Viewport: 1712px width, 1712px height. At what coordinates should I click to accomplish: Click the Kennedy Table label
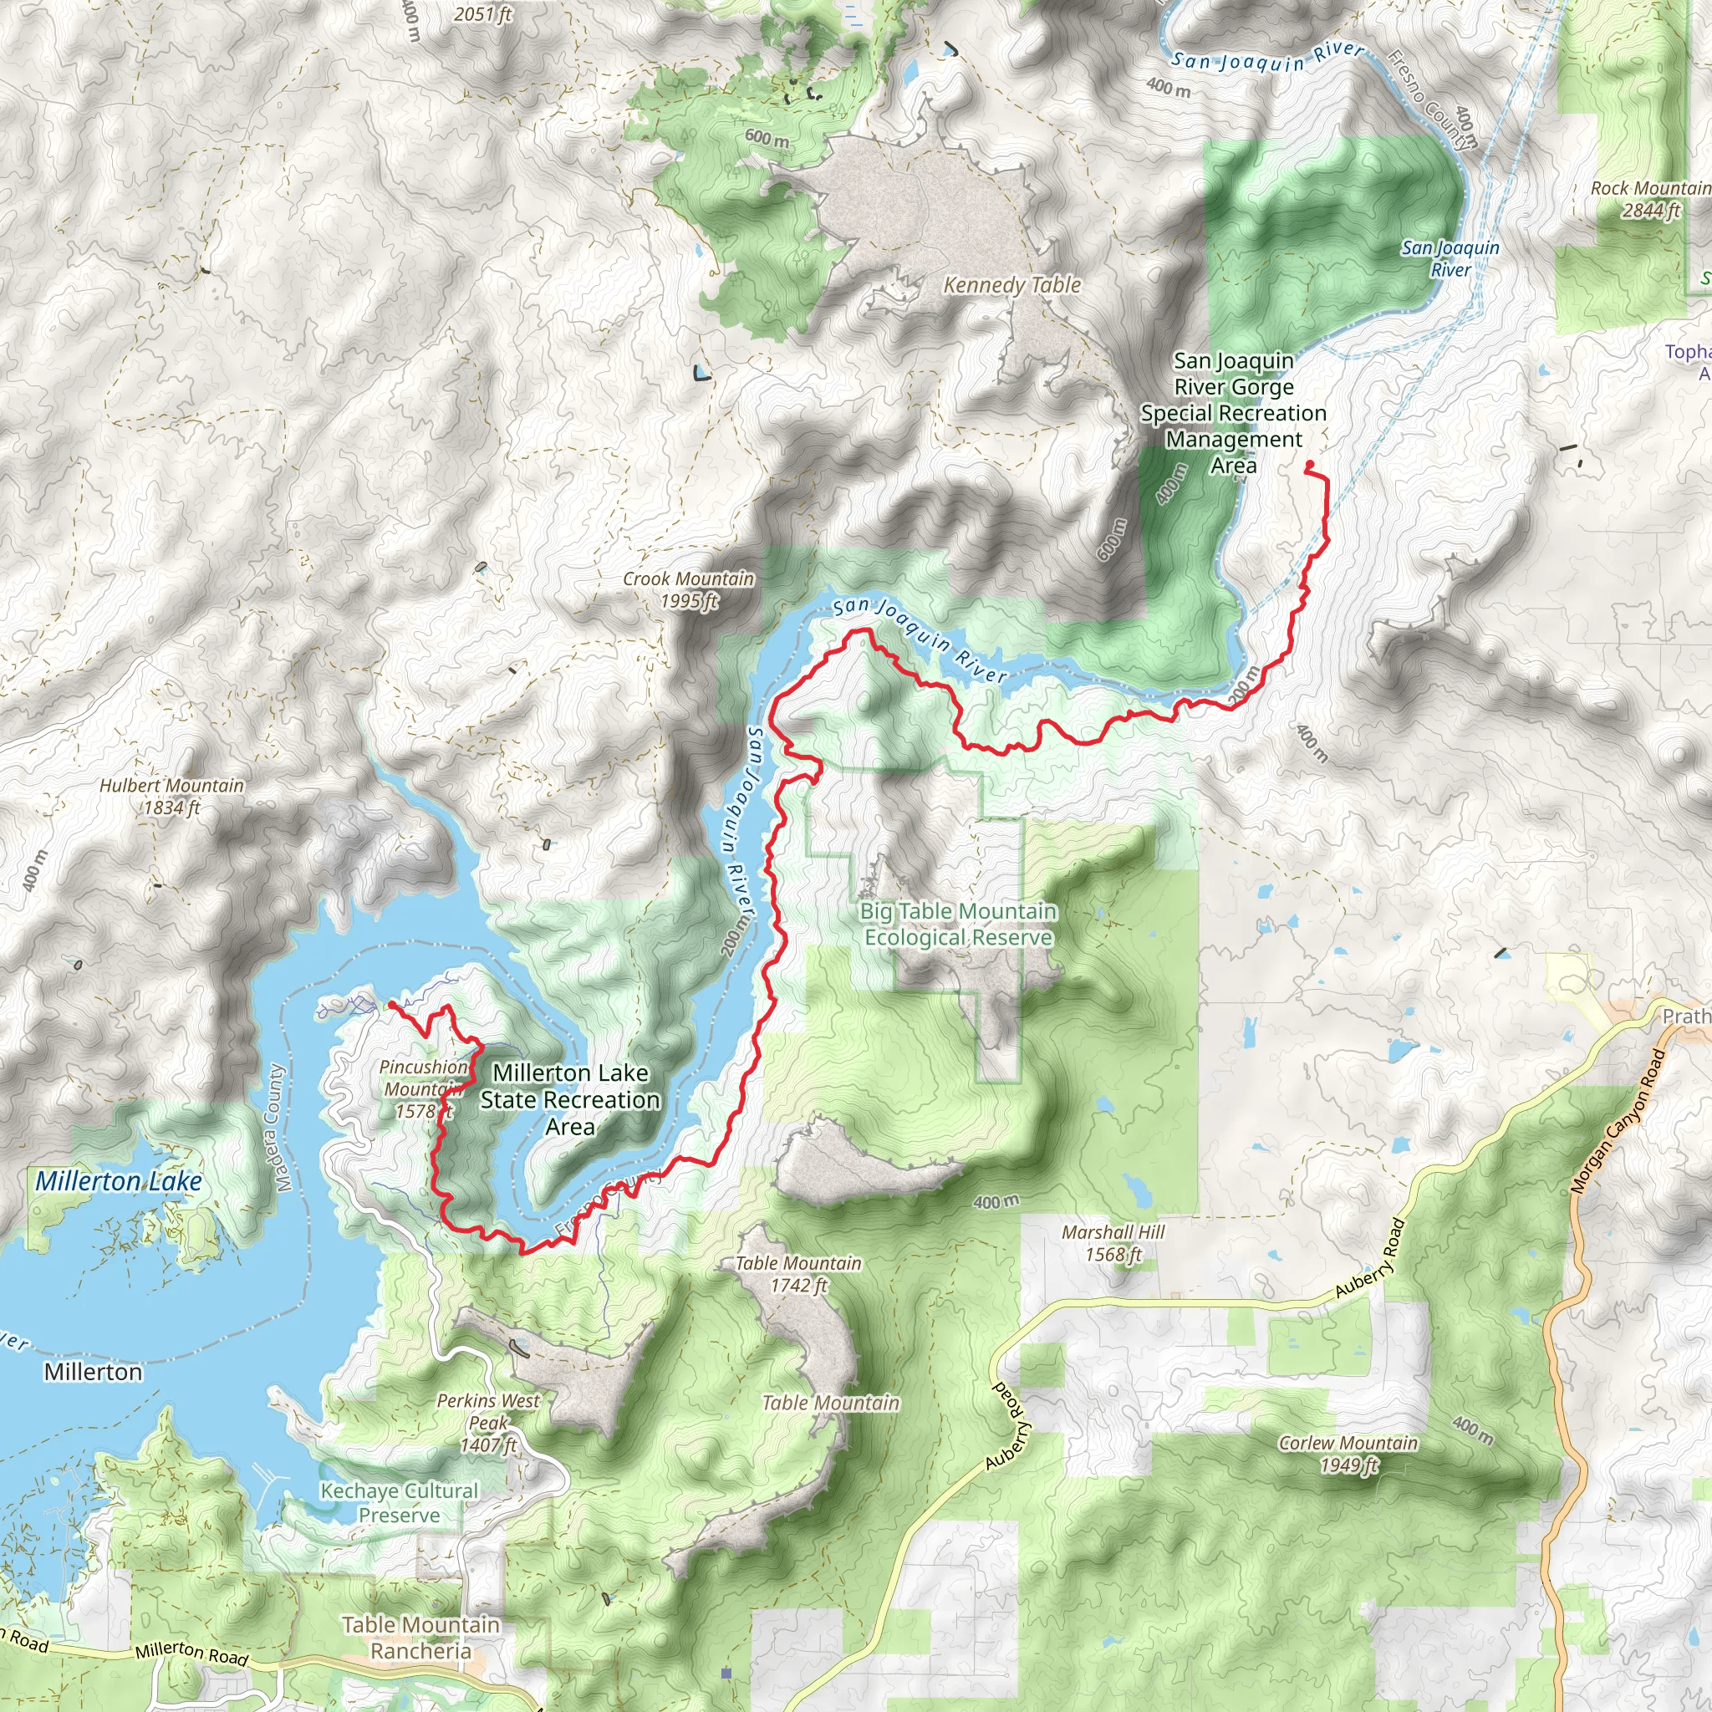[1012, 285]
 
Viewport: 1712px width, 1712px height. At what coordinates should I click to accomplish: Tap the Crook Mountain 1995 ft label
[689, 590]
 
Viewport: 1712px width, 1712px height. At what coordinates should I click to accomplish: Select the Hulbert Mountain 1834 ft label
[172, 797]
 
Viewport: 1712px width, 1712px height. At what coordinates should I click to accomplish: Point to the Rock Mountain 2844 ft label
[1649, 200]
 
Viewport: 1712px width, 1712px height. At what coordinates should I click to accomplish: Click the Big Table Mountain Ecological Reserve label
[958, 925]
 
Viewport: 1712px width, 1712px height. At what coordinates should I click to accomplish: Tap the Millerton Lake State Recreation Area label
[570, 1100]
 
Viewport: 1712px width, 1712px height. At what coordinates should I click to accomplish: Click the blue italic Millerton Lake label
[119, 1181]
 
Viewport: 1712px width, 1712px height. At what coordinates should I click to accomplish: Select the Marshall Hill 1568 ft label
[1113, 1243]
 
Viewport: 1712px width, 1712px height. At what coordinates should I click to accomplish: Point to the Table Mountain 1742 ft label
[798, 1274]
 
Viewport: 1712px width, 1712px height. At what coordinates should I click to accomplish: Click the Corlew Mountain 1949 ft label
[1348, 1455]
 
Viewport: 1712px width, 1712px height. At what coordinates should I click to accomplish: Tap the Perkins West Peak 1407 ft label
[488, 1423]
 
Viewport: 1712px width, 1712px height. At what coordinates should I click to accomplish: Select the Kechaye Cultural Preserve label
[399, 1503]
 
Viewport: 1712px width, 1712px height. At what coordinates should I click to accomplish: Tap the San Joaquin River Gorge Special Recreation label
[1234, 413]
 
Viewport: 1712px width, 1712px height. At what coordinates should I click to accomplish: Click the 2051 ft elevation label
[483, 14]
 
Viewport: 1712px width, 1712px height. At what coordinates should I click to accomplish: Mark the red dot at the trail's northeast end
[1310, 464]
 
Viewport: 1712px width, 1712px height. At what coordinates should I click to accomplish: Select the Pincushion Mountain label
[424, 1078]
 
